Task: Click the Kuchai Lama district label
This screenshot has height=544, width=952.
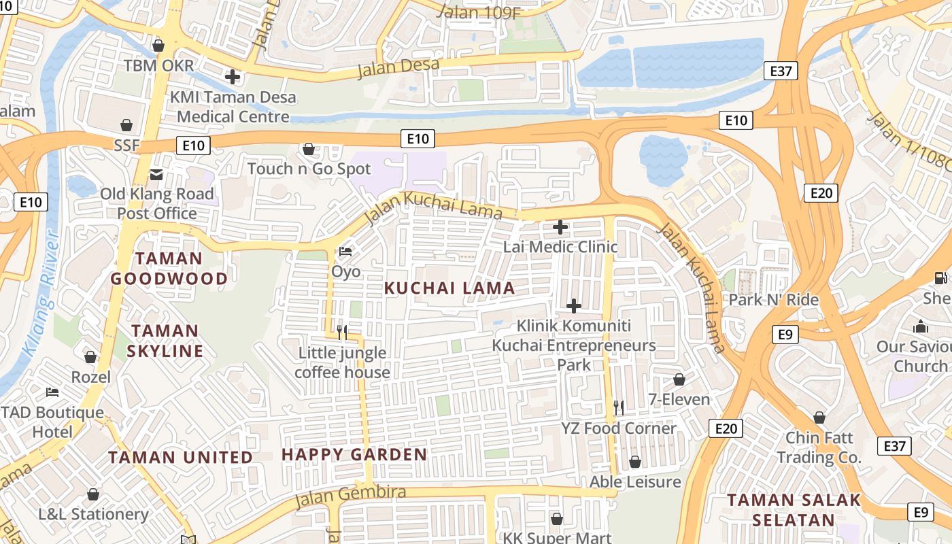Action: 449,288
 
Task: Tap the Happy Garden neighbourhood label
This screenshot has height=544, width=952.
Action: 354,454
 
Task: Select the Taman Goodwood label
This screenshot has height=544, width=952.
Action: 169,269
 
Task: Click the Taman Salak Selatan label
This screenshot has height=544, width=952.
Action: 794,510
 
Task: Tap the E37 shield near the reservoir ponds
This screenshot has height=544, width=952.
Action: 780,71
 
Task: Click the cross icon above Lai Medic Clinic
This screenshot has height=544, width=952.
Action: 560,227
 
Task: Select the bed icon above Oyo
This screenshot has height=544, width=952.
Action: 345,252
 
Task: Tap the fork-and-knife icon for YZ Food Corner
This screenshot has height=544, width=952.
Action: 619,407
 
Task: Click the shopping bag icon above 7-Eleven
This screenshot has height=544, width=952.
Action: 679,379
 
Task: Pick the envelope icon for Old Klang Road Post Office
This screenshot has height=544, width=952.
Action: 157,175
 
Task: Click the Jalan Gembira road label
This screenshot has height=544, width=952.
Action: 351,497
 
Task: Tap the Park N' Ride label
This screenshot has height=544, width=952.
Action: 773,300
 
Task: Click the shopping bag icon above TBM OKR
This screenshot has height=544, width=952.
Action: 158,46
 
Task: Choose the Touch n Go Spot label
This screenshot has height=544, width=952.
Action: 309,169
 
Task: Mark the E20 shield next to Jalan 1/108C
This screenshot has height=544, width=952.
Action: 821,193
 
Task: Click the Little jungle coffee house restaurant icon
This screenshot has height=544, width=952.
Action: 342,332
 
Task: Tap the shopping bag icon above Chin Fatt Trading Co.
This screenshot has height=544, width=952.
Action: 819,417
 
